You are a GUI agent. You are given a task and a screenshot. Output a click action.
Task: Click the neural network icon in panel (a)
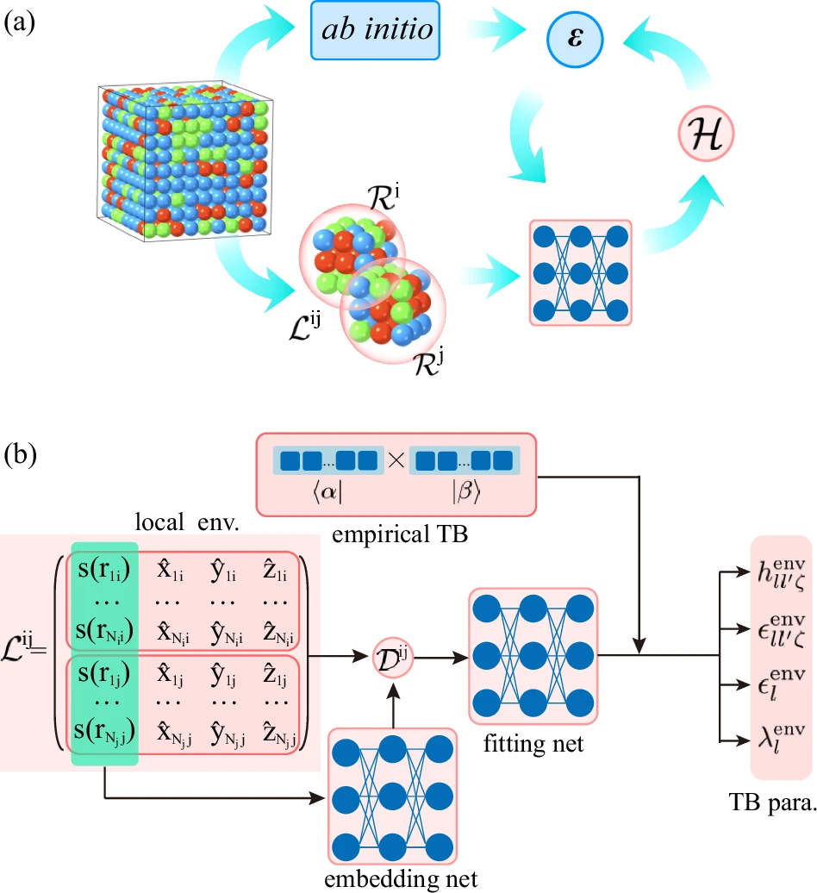(x=579, y=272)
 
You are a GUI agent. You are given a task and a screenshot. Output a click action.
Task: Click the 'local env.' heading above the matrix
(x=191, y=521)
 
